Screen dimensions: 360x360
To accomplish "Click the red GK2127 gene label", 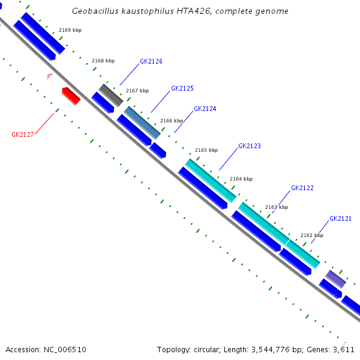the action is click(23, 134).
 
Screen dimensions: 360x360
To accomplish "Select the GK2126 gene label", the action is click(151, 61).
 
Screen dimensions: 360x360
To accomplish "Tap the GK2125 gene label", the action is click(182, 88).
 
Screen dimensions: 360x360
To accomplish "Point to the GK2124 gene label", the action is click(205, 109).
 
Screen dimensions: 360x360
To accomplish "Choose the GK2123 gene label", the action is click(250, 146).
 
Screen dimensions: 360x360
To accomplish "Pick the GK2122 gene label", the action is click(302, 188).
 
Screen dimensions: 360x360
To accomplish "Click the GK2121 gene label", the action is click(340, 219).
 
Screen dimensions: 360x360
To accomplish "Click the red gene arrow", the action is click(71, 95).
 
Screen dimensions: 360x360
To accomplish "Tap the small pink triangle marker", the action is click(50, 76).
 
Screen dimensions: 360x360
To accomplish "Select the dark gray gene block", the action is click(111, 95).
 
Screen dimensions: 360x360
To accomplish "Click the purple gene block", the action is click(336, 278).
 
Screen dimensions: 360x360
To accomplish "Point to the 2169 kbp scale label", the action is click(70, 30).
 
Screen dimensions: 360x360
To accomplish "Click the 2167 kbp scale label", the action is click(137, 91).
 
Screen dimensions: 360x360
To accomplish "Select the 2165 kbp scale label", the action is click(206, 150).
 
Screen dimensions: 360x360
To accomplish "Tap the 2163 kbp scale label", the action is click(277, 207).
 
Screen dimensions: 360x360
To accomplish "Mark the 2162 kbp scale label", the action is click(312, 236).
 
